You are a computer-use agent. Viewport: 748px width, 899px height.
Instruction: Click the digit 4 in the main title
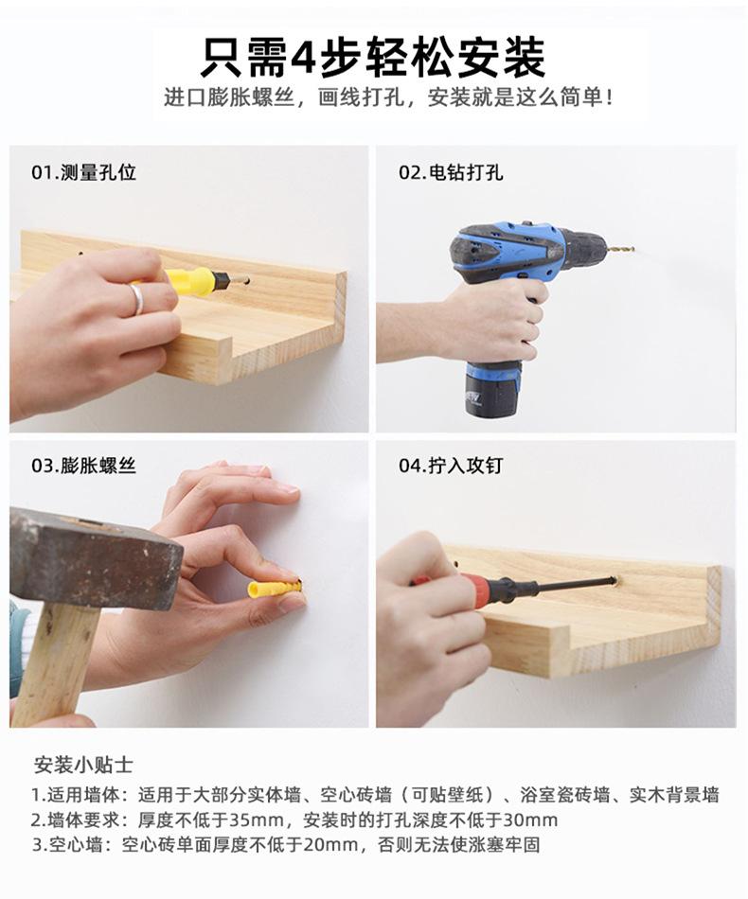coord(303,58)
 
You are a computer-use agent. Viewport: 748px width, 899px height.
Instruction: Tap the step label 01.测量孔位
coord(83,172)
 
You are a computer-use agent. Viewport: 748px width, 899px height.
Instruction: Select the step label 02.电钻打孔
coord(451,172)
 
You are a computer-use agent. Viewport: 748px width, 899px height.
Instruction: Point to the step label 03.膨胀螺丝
coord(83,465)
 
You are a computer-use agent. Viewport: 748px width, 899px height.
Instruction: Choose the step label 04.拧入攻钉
coord(451,465)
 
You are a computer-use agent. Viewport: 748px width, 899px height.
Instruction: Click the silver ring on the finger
coord(137,299)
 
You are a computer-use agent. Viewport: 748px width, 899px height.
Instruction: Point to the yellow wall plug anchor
coord(274,589)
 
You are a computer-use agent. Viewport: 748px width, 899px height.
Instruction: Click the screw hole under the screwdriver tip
coord(614,580)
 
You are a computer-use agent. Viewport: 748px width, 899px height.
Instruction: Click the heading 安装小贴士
coord(83,765)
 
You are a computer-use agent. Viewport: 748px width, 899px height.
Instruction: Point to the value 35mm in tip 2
coord(257,820)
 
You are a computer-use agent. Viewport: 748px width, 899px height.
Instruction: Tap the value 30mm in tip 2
coord(530,820)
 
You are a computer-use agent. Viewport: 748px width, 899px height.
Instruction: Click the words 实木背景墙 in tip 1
coord(674,795)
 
